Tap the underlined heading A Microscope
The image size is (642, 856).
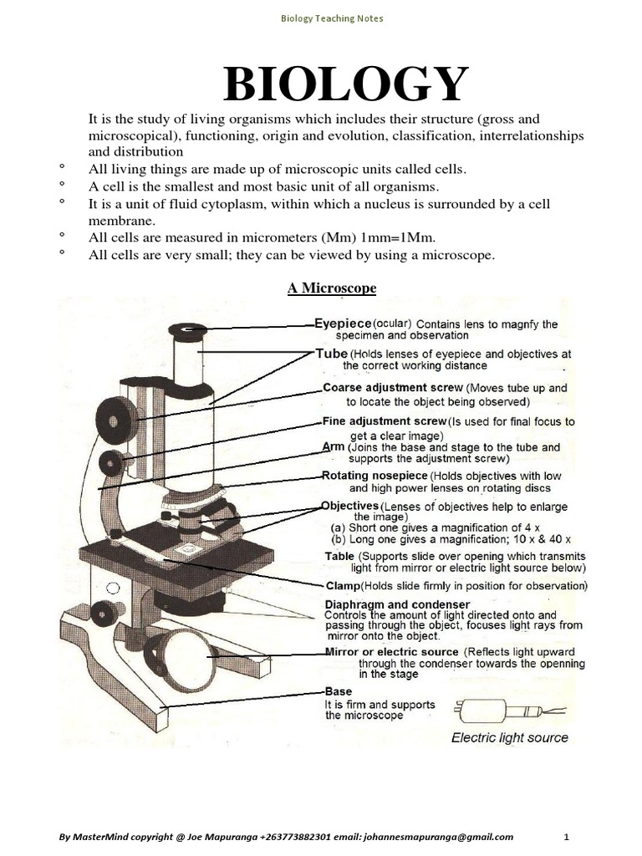coord(332,288)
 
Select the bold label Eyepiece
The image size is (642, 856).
coord(343,323)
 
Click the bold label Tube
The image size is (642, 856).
coord(331,354)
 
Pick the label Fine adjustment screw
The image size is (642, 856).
coord(385,421)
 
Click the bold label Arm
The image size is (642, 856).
coord(334,447)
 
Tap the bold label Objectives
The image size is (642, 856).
coord(350,507)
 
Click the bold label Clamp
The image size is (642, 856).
coord(342,586)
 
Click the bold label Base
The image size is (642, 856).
coord(338,692)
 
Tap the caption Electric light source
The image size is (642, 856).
coord(509,737)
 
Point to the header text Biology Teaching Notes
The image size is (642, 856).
coord(332,18)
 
